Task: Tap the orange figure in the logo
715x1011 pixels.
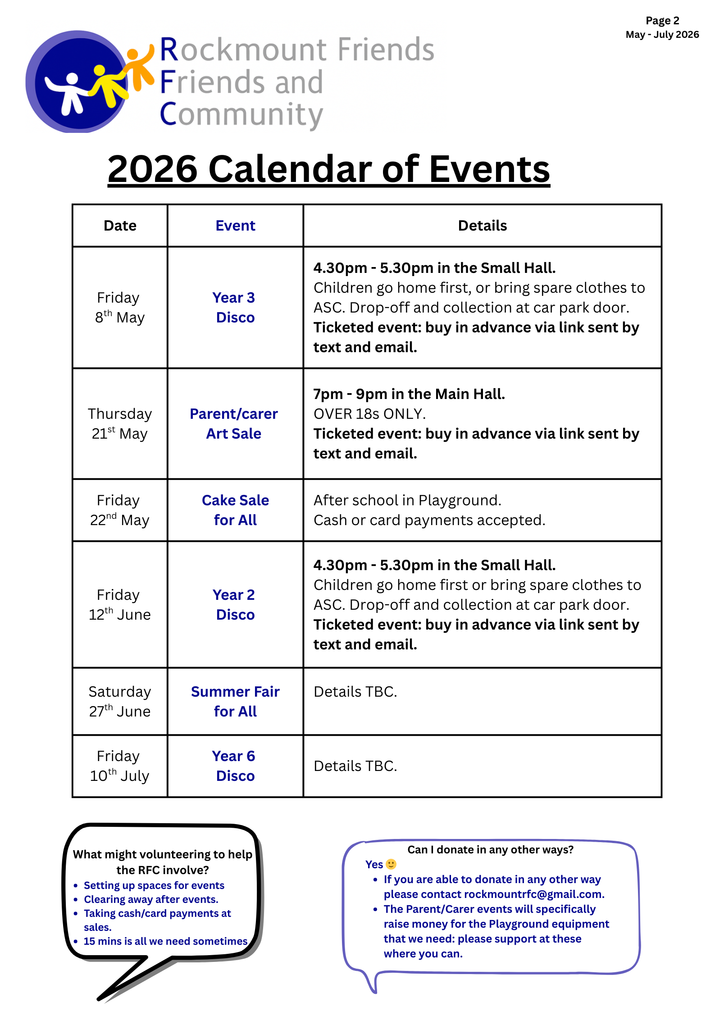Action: (137, 68)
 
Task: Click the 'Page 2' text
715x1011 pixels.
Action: (662, 21)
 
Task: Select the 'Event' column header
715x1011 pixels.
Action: (235, 226)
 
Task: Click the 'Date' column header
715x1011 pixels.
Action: (120, 226)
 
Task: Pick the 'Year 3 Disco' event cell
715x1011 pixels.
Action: (235, 308)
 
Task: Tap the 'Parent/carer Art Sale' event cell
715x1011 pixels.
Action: (234, 424)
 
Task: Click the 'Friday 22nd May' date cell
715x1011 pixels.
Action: (119, 510)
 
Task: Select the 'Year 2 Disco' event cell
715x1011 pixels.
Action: (235, 605)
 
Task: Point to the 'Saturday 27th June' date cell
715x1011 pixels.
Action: (119, 702)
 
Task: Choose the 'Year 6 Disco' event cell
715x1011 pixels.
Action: (235, 766)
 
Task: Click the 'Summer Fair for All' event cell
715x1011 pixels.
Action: (235, 702)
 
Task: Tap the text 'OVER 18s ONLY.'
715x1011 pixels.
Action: (369, 414)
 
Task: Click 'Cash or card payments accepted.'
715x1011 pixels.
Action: (429, 520)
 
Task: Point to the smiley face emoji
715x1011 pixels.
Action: (391, 864)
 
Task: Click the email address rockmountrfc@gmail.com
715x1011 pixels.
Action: (534, 894)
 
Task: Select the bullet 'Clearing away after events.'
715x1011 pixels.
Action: (151, 899)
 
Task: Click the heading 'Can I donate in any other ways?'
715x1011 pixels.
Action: (490, 850)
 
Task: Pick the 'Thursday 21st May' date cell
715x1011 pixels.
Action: (119, 424)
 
